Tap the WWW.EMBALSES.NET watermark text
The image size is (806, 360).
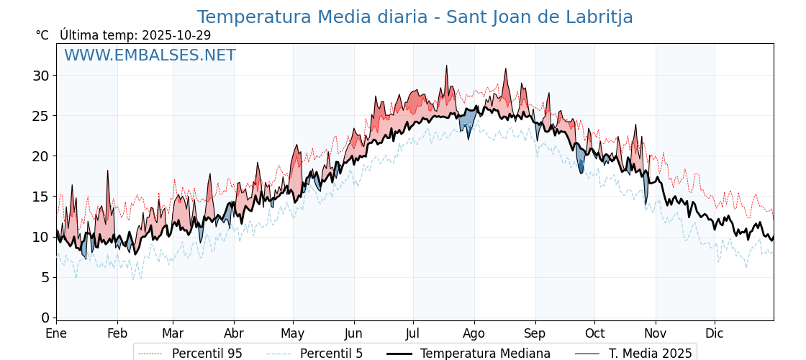pos(150,55)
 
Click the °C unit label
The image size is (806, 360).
pos(42,35)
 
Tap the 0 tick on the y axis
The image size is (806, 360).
pos(45,318)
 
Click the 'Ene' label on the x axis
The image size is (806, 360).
pos(56,333)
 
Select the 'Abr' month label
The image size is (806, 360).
pos(234,333)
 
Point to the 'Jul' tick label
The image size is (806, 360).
pos(413,333)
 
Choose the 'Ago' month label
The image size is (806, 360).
pos(474,333)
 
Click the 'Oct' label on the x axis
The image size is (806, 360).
pos(594,333)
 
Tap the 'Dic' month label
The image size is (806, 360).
pos(715,333)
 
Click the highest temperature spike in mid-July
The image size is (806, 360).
pos(446,66)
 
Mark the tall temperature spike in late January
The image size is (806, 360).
pos(107,171)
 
